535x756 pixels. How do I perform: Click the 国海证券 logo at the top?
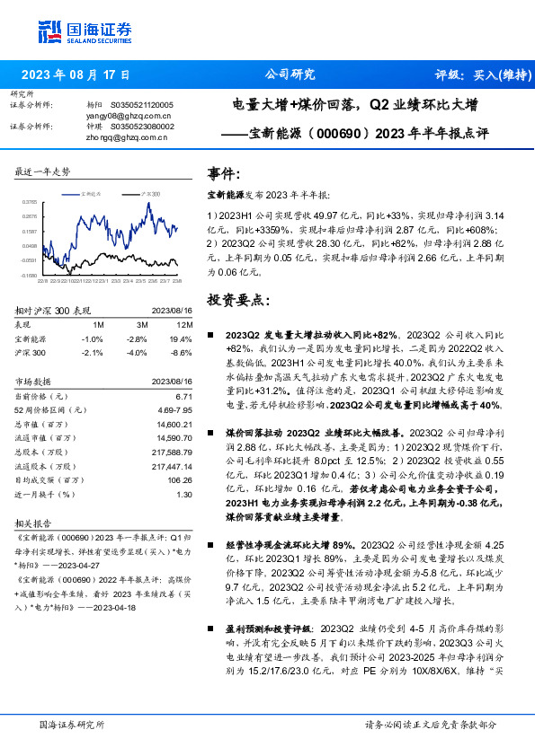point(85,32)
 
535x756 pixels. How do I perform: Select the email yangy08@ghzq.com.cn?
point(129,116)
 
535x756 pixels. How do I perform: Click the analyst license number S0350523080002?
point(142,127)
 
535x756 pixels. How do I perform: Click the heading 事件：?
point(225,172)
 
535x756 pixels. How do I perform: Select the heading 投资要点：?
point(238,299)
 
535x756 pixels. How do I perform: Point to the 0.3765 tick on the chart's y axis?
point(29,203)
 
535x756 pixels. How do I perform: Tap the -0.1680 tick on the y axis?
point(29,276)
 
